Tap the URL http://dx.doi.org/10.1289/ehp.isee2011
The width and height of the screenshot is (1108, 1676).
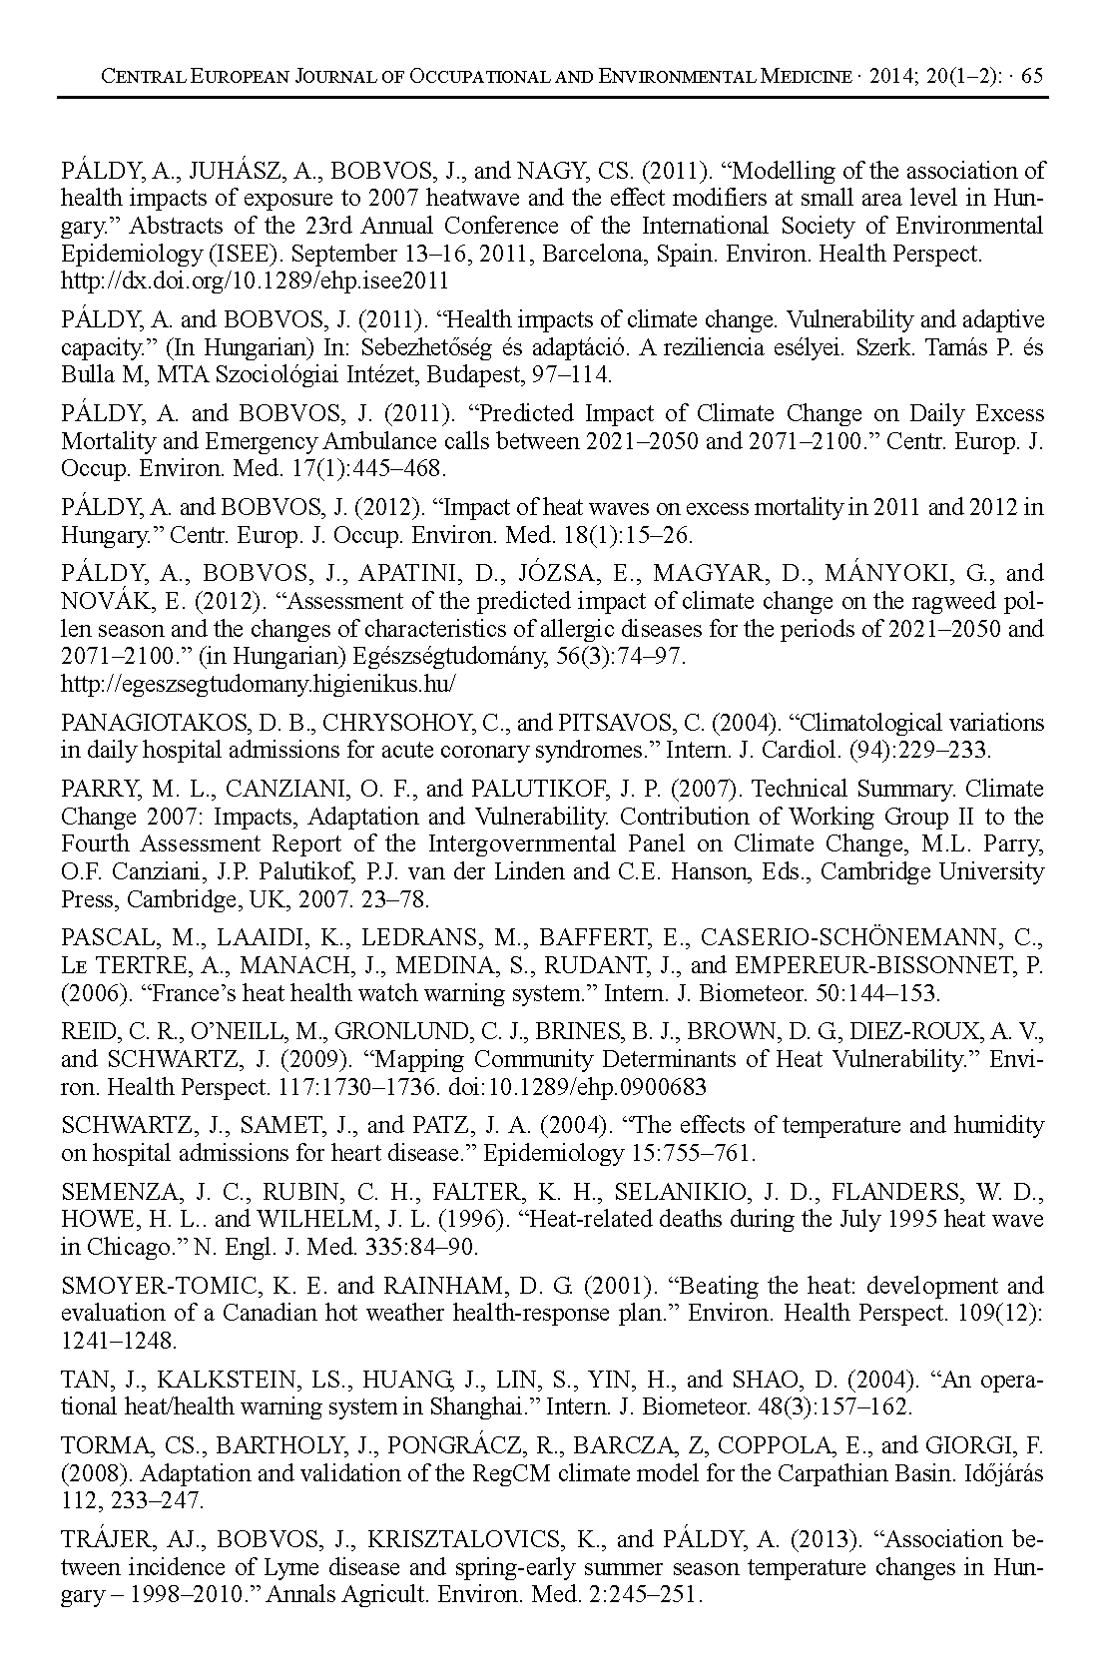(x=255, y=281)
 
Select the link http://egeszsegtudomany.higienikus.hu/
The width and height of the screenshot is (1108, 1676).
(x=259, y=684)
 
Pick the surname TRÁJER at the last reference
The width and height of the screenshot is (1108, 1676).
(x=104, y=1539)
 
